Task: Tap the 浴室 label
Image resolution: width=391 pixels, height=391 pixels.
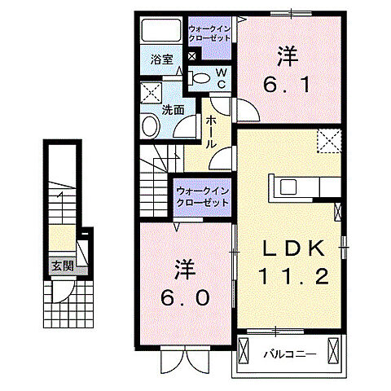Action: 161,59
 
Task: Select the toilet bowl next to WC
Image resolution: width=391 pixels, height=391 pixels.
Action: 199,77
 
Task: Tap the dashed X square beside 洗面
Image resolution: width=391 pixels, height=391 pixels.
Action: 150,91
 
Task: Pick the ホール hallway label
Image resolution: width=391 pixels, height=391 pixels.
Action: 211,131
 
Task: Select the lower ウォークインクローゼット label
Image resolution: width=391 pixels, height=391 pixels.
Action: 201,195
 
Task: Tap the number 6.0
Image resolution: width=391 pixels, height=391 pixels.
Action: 187,285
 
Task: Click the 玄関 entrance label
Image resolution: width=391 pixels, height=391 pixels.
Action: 62,265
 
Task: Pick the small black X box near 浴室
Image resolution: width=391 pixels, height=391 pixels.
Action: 191,55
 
